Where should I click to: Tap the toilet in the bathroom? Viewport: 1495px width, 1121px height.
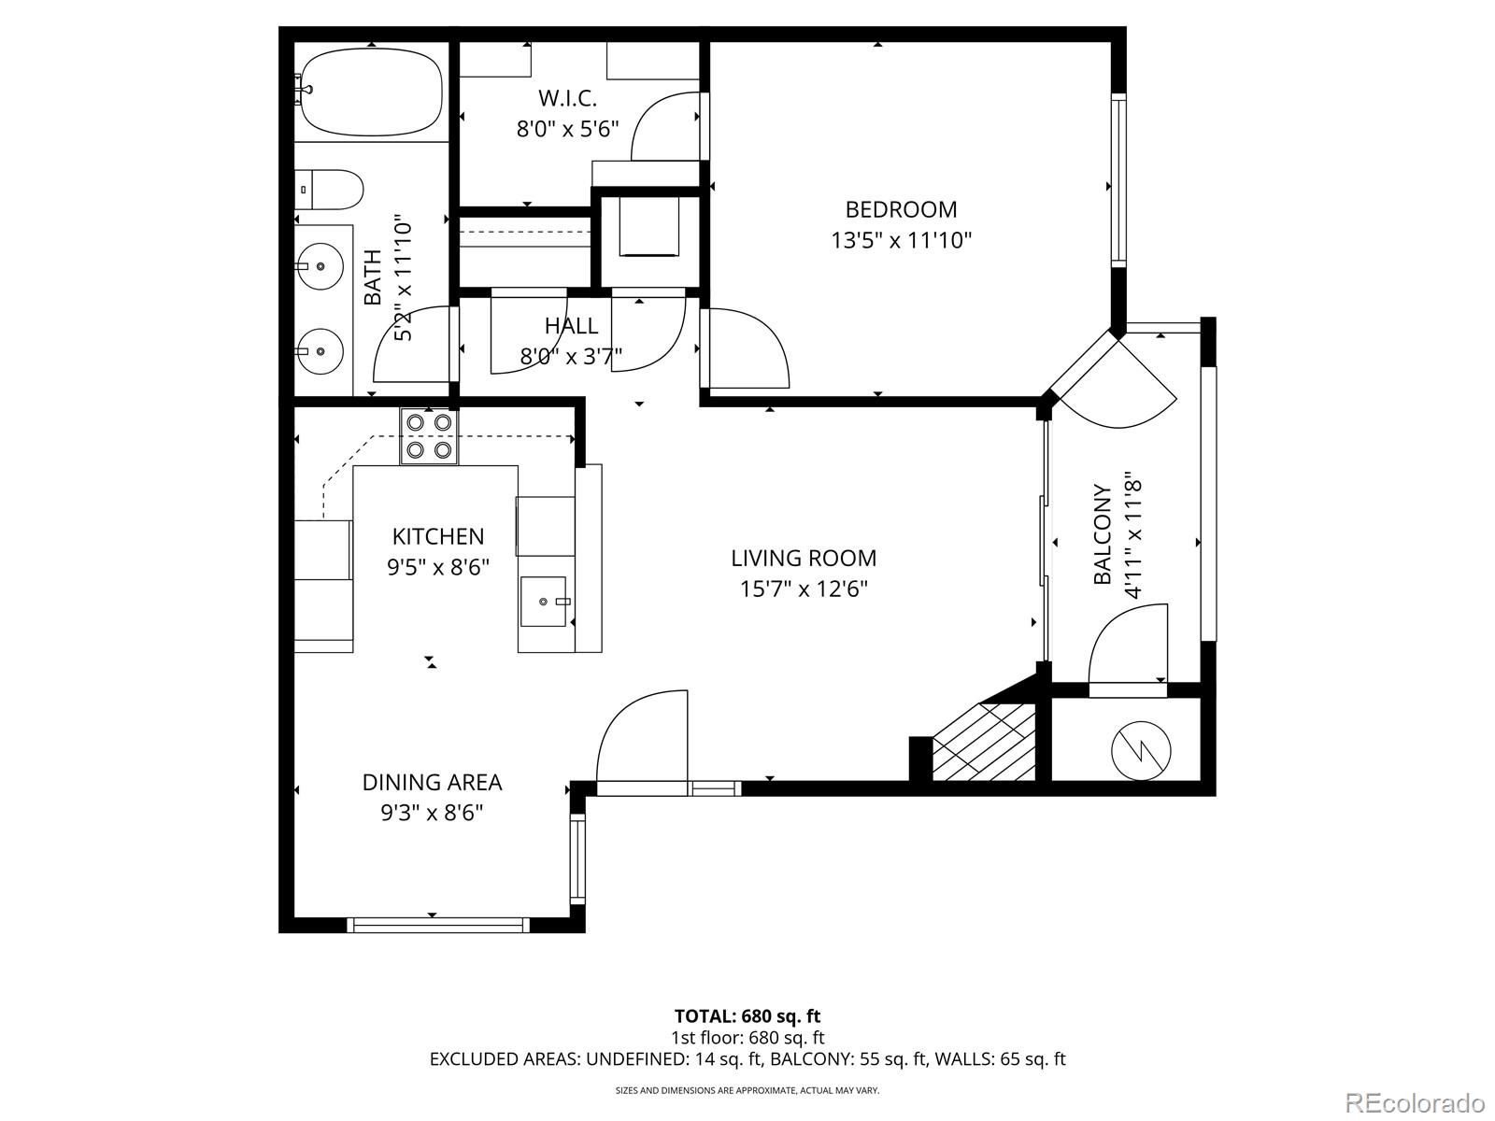[x=331, y=190]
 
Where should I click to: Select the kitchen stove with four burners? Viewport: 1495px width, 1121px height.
[x=429, y=436]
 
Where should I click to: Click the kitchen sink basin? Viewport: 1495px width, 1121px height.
[x=544, y=602]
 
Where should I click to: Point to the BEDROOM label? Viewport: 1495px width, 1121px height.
[x=901, y=209]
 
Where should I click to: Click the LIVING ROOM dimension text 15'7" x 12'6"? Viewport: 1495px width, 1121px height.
[x=804, y=589]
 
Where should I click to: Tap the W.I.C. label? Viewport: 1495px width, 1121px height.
[x=567, y=99]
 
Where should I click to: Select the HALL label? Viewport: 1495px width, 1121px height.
[x=572, y=326]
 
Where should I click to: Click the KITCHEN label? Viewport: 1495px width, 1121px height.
[x=438, y=536]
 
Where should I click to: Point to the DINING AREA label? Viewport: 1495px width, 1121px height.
[x=433, y=783]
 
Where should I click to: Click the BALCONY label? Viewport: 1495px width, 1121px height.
[x=1102, y=534]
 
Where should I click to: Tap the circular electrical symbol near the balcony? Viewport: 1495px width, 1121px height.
[x=1141, y=751]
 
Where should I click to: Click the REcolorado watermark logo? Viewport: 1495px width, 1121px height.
[x=1416, y=1101]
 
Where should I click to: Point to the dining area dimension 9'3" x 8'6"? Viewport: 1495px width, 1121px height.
[x=433, y=813]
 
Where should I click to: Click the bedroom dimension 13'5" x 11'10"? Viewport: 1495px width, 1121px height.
[x=901, y=240]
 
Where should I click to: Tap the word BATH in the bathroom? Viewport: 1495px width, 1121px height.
[x=373, y=277]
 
